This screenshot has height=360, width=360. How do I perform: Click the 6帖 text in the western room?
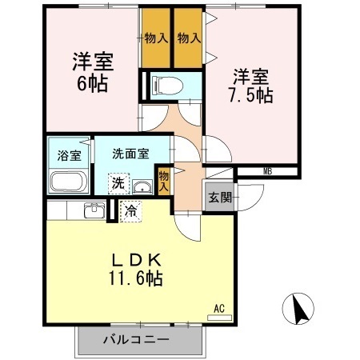93,82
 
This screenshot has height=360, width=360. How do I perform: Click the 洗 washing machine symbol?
118,183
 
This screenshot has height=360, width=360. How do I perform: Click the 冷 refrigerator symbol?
131,212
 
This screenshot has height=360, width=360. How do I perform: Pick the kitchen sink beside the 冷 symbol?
94,211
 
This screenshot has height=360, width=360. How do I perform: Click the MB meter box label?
268,170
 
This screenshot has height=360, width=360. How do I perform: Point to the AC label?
218,307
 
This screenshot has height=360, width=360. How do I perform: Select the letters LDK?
137,260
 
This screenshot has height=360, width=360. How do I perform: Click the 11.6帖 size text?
137,279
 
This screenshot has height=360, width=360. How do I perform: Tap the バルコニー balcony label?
135,339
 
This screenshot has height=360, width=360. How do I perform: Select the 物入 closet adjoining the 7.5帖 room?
189,38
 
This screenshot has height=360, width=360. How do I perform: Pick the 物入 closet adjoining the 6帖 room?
156,38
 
